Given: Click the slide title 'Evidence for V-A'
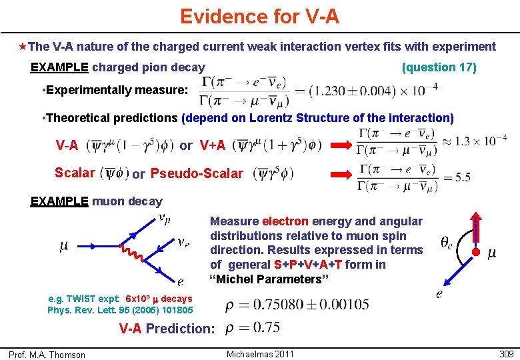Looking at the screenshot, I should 259,16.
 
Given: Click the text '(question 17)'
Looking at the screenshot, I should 439,67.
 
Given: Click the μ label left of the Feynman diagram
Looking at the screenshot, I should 64,247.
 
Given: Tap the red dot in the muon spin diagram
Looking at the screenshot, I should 476,252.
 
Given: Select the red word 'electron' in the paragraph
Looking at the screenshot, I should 285,221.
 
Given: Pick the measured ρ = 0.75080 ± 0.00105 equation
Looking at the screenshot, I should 297,305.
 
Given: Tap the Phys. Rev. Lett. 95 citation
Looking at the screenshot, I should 120,310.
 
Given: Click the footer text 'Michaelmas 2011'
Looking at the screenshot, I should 260,354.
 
